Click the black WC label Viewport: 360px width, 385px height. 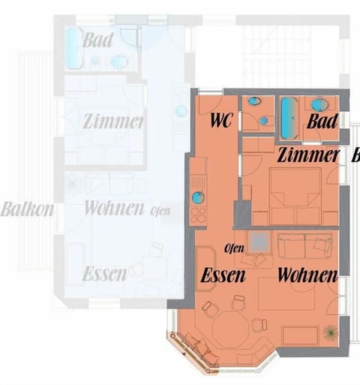pos(221,120)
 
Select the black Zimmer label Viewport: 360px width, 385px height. pos(307,156)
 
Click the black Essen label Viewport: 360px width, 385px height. pos(223,275)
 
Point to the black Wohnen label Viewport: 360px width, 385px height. pos(307,275)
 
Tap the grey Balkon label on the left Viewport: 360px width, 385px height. pos(27,209)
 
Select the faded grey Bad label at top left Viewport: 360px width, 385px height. pos(98,40)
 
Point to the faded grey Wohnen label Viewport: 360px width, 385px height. pos(113,208)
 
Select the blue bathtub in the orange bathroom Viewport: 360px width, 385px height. pos(289,116)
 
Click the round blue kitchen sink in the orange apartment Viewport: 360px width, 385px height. pos(197,198)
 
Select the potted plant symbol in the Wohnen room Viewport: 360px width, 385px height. pos(330,331)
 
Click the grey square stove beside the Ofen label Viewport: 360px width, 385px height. pos(258,242)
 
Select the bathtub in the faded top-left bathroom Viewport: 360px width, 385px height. pos(72,50)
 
